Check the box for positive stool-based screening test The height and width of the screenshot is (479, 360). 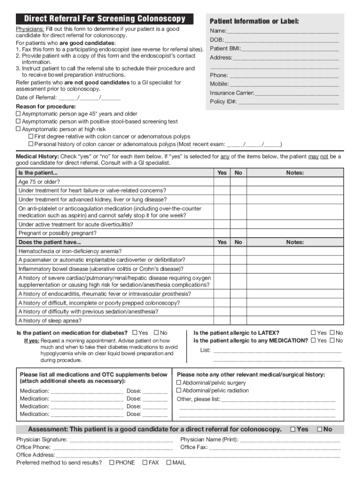click(19, 122)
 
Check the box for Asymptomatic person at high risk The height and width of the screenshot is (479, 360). click(19, 129)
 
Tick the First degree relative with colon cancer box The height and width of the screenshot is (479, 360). click(31, 137)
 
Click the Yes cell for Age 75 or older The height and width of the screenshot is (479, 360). click(222, 182)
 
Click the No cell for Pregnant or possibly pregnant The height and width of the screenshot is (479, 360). click(238, 233)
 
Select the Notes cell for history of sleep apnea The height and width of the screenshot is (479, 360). click(295, 320)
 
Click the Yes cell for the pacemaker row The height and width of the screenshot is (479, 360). click(222, 260)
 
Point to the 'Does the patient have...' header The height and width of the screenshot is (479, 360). click(50, 242)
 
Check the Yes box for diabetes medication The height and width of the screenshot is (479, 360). click(135, 333)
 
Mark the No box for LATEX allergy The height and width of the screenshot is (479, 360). click(332, 333)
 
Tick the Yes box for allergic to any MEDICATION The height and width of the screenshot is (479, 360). click(314, 341)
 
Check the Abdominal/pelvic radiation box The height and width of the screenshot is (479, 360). click(179, 391)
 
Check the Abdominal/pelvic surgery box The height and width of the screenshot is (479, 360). click(179, 383)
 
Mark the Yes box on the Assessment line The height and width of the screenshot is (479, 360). click(293, 429)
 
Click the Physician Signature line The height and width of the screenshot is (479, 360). click(121, 440)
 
